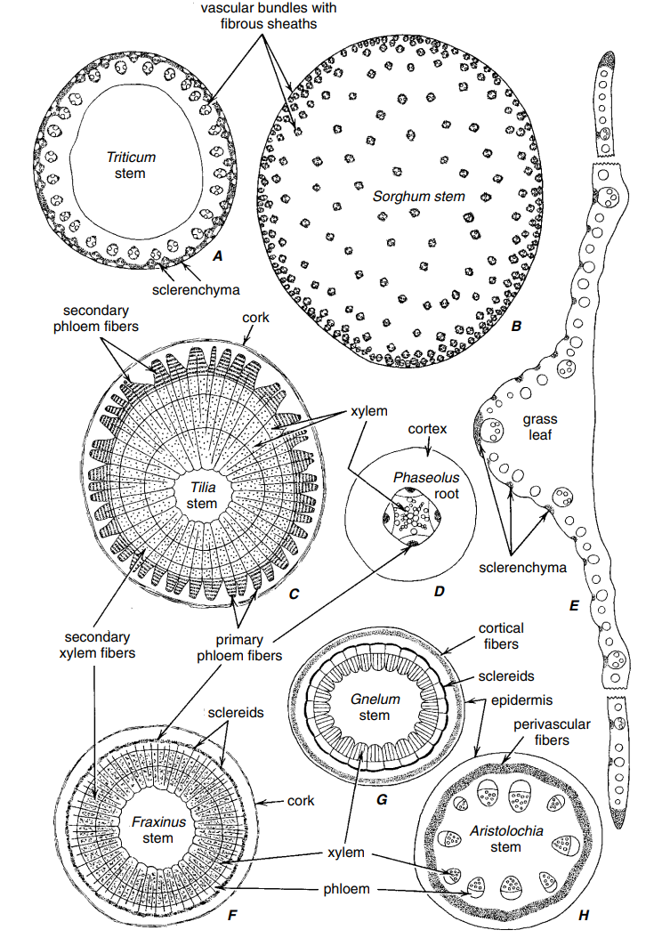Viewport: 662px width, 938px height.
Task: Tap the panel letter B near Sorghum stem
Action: (517, 327)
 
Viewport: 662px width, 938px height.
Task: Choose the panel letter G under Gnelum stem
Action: (381, 799)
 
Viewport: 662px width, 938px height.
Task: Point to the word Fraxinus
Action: (158, 822)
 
